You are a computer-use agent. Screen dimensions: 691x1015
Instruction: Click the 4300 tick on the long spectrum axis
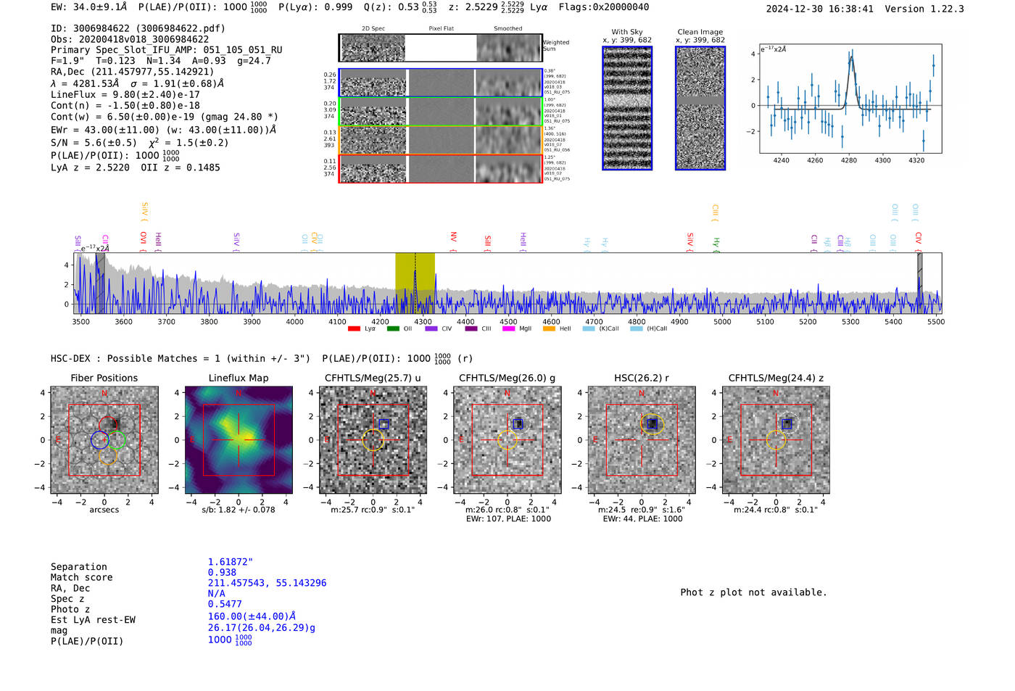click(423, 321)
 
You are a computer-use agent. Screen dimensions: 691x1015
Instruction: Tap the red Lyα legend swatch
click(354, 329)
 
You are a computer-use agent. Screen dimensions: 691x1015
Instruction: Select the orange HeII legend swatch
click(549, 329)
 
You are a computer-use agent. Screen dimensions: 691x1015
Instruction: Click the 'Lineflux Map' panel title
click(238, 378)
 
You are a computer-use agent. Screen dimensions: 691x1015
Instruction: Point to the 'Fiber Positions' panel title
click(104, 378)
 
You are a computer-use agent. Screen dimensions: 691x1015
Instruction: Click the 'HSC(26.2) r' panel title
click(642, 378)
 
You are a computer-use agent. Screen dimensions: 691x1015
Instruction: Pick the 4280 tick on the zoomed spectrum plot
click(849, 160)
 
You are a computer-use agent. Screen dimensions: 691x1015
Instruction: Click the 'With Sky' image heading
click(626, 32)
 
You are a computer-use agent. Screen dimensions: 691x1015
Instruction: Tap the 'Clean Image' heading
click(700, 32)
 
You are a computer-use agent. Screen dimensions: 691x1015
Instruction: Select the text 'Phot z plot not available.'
click(753, 592)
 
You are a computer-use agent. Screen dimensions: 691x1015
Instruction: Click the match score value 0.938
click(222, 573)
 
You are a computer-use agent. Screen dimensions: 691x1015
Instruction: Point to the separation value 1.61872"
click(230, 562)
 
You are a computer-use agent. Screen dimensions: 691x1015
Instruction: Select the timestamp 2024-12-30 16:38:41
click(819, 9)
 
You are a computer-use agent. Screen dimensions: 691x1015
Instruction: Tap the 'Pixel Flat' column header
click(441, 29)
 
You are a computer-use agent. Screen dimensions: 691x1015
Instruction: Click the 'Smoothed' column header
click(507, 29)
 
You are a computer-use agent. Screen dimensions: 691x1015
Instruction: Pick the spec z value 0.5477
click(225, 604)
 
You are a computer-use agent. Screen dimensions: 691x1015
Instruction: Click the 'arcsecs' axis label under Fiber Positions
click(104, 510)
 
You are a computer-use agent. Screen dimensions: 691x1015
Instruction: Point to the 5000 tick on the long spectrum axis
click(722, 321)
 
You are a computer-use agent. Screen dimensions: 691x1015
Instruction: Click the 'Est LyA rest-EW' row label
click(93, 620)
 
